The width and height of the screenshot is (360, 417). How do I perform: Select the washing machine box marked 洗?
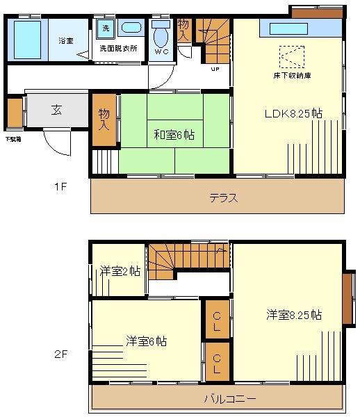click(x=106, y=28)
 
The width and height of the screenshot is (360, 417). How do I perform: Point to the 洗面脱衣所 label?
click(x=118, y=49)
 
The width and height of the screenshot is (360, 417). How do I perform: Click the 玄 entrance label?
click(x=57, y=110)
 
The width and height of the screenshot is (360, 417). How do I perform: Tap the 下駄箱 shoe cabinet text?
click(x=13, y=139)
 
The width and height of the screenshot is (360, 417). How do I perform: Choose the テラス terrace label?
click(x=224, y=198)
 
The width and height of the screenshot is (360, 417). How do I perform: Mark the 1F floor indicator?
click(x=62, y=187)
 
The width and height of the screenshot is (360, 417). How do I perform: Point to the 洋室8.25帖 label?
click(x=293, y=315)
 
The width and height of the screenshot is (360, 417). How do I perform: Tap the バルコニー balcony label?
click(x=229, y=399)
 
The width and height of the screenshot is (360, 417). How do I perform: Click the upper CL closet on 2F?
click(x=217, y=320)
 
